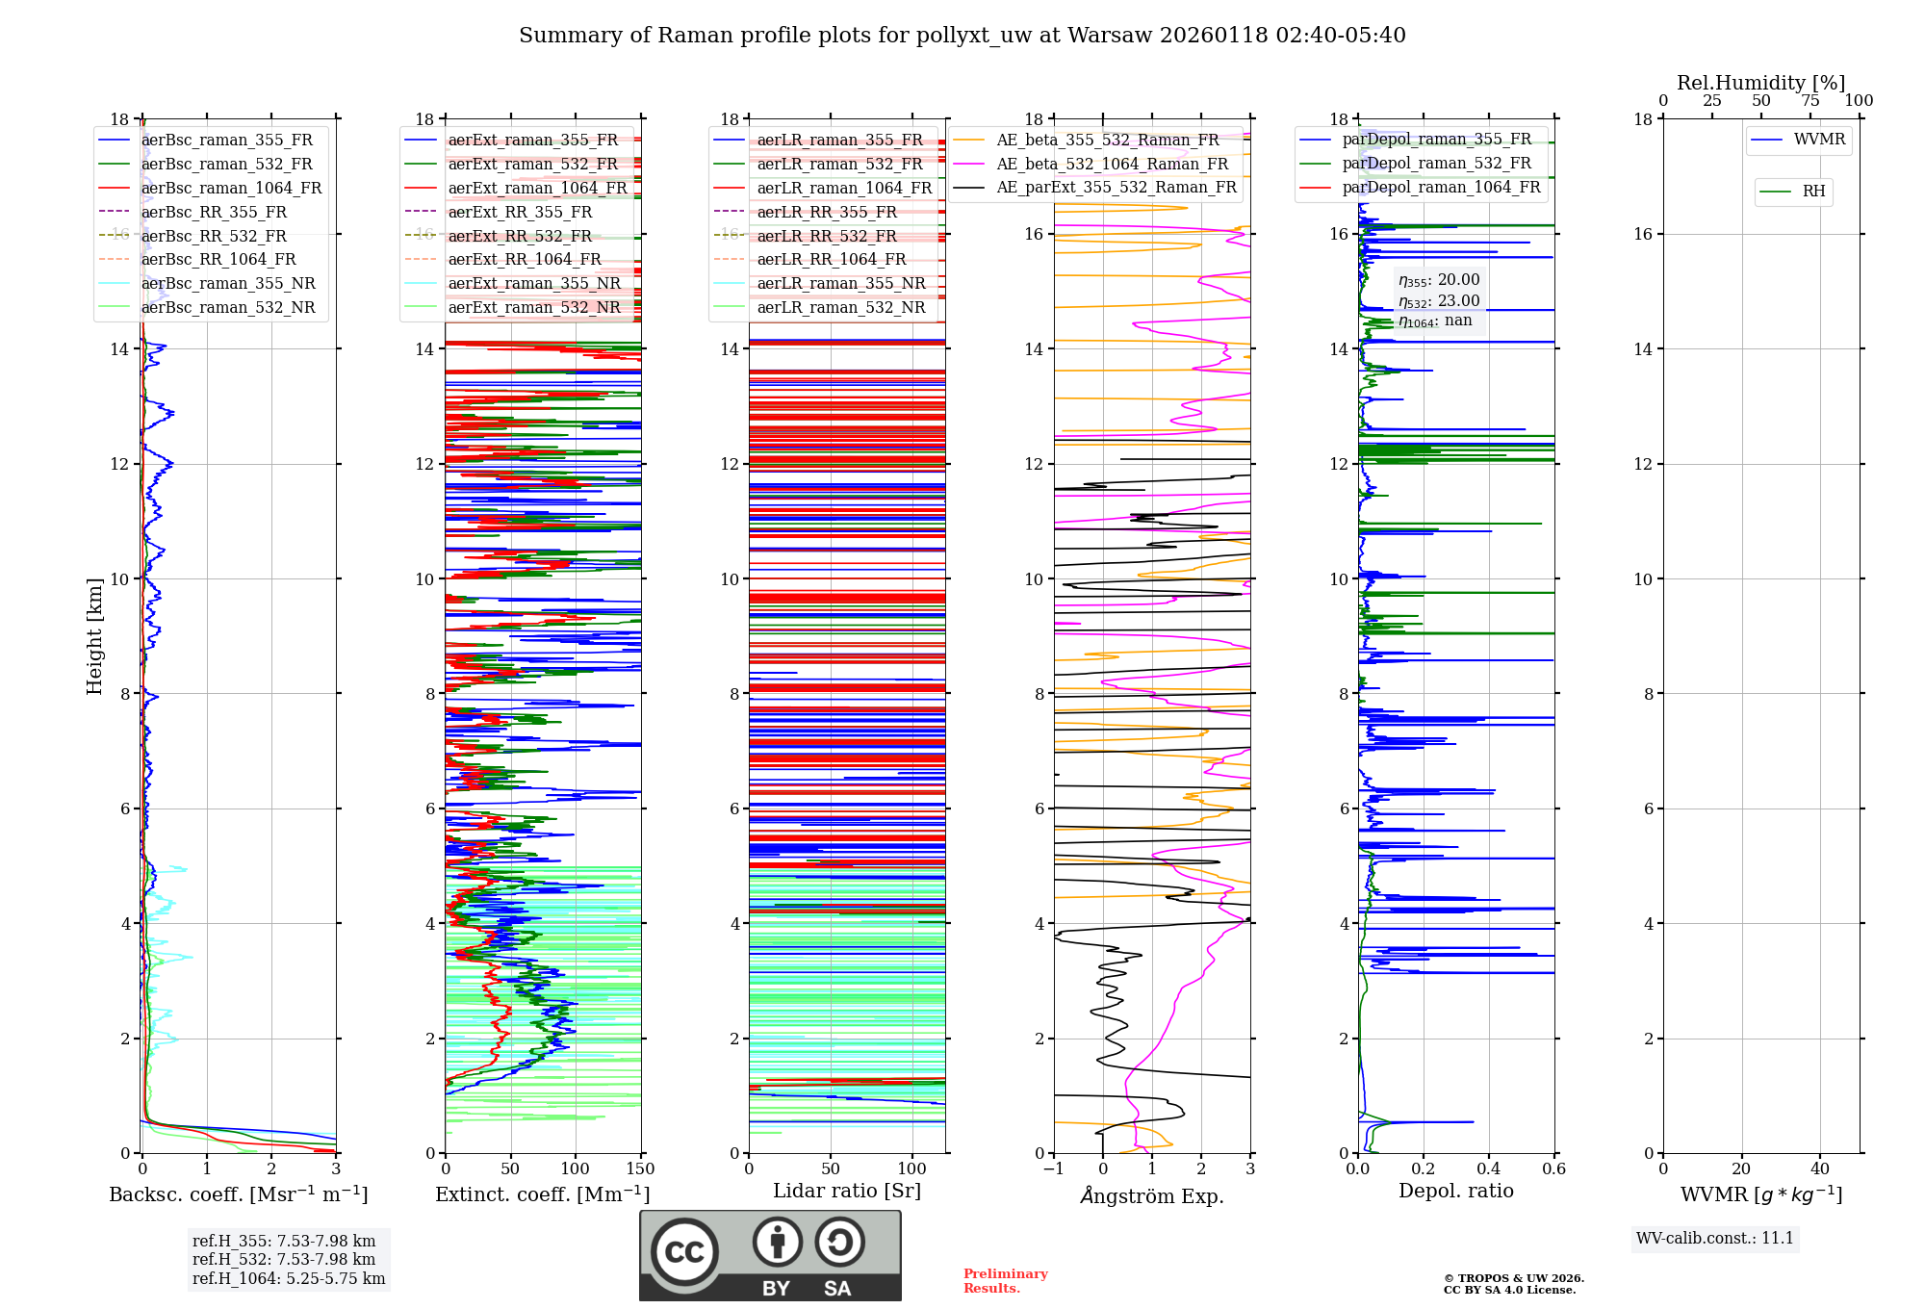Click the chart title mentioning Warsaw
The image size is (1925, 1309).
click(962, 36)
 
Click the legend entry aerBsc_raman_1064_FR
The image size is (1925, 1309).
click(231, 189)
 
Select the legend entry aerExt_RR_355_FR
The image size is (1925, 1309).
click(520, 213)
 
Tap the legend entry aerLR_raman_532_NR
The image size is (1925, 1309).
click(840, 308)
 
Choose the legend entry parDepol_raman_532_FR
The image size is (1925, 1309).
click(1436, 164)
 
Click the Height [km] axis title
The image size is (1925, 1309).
click(94, 636)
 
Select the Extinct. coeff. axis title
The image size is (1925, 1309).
click(543, 1194)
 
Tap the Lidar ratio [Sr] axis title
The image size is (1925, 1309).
click(847, 1191)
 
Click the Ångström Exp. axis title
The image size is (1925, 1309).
click(1152, 1195)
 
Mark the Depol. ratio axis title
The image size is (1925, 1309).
click(1455, 1191)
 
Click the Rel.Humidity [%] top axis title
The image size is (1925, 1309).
click(1760, 83)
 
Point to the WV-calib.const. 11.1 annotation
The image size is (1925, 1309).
click(1715, 1238)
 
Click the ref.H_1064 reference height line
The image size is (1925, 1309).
click(289, 1278)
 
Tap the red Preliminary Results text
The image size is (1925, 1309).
click(1005, 1281)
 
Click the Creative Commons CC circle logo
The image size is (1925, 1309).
click(684, 1252)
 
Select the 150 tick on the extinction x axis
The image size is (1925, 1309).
click(640, 1169)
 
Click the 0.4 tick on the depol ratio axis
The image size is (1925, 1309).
click(1489, 1169)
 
